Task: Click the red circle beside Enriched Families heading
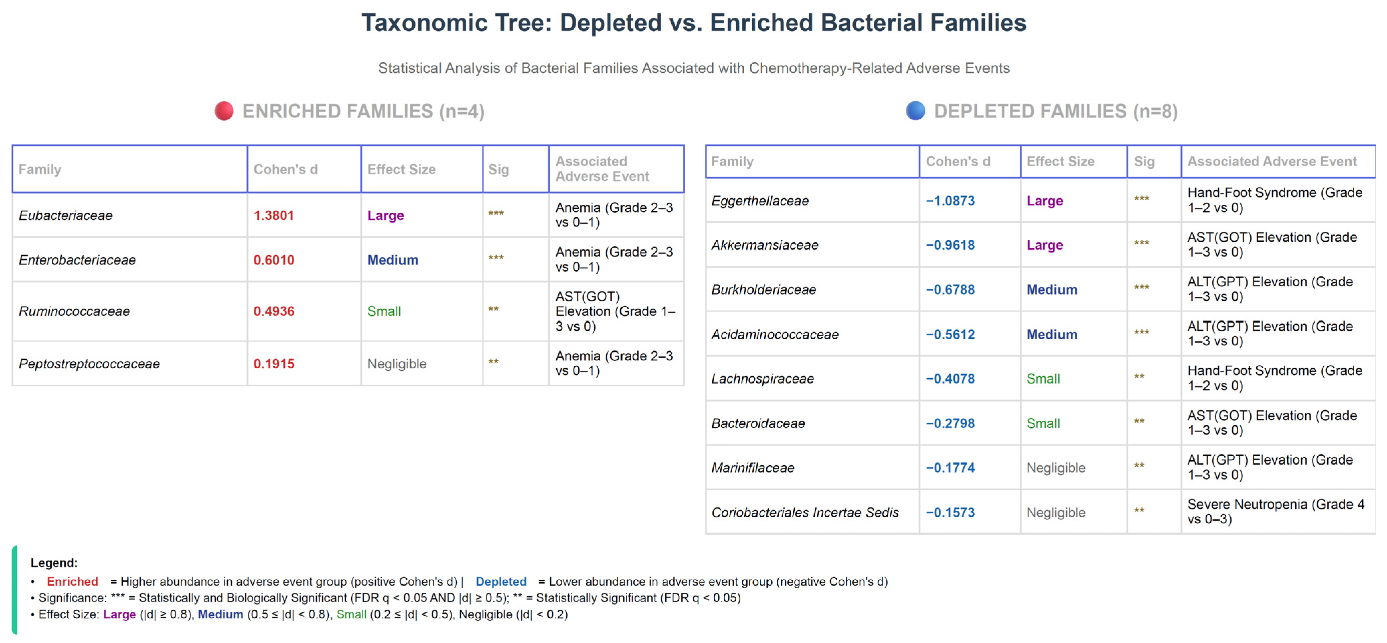point(224,111)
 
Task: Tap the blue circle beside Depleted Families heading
point(915,111)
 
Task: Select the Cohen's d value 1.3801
point(274,215)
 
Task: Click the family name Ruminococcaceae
point(74,311)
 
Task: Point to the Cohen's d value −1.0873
point(950,201)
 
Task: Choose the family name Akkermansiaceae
point(764,245)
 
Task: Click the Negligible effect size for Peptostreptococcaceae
point(397,364)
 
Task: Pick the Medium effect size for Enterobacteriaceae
point(392,260)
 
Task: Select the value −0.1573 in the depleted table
point(950,513)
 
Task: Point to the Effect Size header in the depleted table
point(1060,161)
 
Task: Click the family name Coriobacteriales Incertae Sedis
point(805,513)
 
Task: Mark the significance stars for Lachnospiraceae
point(1139,376)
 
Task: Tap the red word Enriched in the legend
point(72,582)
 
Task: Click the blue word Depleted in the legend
point(501,582)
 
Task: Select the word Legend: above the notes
point(54,563)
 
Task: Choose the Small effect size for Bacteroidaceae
point(1043,423)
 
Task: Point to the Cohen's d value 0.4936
point(274,311)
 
